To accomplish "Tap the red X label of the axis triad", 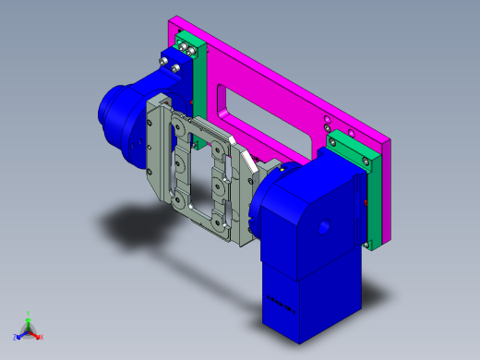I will pos(42,337).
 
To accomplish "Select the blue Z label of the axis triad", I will pos(17,337).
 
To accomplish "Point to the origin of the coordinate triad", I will pos(29,330).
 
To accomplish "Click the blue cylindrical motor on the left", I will pos(120,115).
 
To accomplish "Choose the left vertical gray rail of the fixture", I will pos(157,152).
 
